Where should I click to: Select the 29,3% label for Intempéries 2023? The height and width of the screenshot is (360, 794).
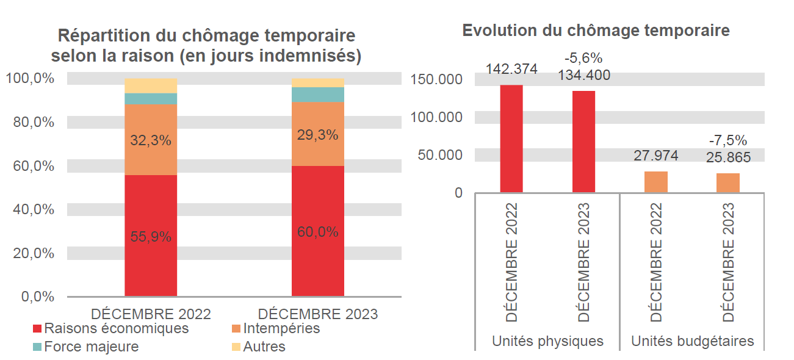[x=317, y=135]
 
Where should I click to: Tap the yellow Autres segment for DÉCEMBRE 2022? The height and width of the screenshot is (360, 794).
[x=151, y=85]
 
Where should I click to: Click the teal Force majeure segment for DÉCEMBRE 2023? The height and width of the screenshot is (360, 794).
[x=317, y=95]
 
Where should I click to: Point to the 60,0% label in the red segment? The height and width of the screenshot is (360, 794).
[x=317, y=232]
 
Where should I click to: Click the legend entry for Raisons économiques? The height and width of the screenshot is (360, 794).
[x=110, y=328]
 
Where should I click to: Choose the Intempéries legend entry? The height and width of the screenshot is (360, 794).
[x=275, y=328]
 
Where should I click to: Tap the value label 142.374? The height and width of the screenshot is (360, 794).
[x=511, y=69]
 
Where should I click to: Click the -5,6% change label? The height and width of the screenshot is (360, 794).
[x=583, y=59]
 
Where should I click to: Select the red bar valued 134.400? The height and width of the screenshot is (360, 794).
[x=583, y=142]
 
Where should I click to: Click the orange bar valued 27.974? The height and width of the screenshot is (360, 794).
[x=655, y=182]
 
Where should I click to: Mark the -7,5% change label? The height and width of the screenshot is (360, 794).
[x=727, y=140]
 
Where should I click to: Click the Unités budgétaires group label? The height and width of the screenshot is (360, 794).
[x=692, y=341]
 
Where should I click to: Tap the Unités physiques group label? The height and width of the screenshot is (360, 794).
[x=547, y=341]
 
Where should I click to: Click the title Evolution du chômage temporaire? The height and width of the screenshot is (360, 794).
[x=596, y=31]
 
